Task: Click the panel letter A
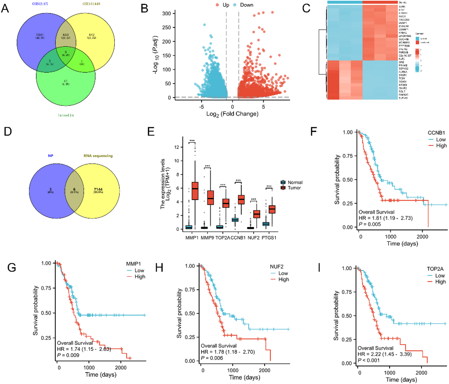[5, 8]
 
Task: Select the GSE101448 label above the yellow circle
[91, 4]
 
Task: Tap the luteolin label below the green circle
[65, 115]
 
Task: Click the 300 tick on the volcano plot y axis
[166, 14]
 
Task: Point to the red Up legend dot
[217, 5]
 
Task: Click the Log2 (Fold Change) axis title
[232, 114]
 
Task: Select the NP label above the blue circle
[50, 156]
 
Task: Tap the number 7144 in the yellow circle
[98, 190]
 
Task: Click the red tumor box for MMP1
[195, 190]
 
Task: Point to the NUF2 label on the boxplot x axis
[253, 238]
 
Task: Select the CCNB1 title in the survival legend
[436, 133]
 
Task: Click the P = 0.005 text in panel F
[370, 224]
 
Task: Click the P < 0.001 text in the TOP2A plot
[369, 360]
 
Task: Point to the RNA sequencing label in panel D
[98, 156]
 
